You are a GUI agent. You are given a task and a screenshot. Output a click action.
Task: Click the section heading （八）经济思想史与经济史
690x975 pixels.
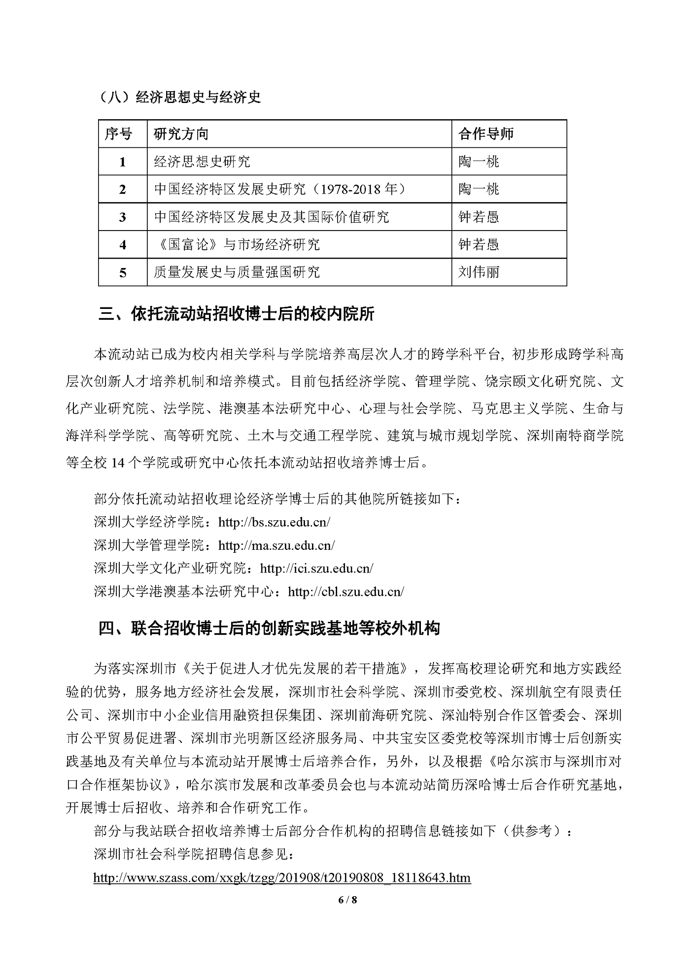pyautogui.click(x=180, y=97)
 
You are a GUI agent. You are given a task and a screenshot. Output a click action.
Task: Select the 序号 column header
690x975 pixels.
pyautogui.click(x=118, y=134)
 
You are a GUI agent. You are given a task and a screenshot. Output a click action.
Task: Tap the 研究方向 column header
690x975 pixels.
pyautogui.click(x=181, y=134)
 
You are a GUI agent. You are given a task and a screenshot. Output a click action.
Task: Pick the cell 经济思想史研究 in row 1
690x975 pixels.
pyautogui.click(x=202, y=162)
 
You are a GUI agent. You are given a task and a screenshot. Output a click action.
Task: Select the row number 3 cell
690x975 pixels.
pyautogui.click(x=123, y=217)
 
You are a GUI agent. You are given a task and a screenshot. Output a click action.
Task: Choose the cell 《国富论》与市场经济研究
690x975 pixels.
pyautogui.click(x=237, y=244)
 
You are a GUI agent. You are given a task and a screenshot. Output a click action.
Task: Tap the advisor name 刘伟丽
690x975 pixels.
pyautogui.click(x=479, y=272)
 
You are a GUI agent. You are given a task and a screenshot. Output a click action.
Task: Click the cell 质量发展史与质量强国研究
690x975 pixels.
pyautogui.click(x=237, y=272)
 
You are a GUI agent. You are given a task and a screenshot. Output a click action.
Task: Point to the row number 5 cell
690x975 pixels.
pyautogui.click(x=123, y=272)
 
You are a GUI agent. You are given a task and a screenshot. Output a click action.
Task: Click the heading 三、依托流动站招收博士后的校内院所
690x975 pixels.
pyautogui.click(x=237, y=314)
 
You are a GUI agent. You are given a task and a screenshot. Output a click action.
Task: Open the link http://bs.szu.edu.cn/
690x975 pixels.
pyautogui.click(x=274, y=522)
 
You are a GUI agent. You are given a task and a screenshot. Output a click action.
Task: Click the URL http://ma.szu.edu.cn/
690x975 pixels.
pyautogui.click(x=276, y=545)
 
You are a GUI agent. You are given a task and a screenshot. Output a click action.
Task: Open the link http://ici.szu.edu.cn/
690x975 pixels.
pyautogui.click(x=316, y=568)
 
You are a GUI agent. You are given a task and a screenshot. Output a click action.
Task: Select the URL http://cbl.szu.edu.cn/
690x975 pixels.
pyautogui.click(x=346, y=591)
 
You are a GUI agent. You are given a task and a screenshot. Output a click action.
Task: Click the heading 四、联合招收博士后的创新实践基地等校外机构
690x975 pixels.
pyautogui.click(x=269, y=628)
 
